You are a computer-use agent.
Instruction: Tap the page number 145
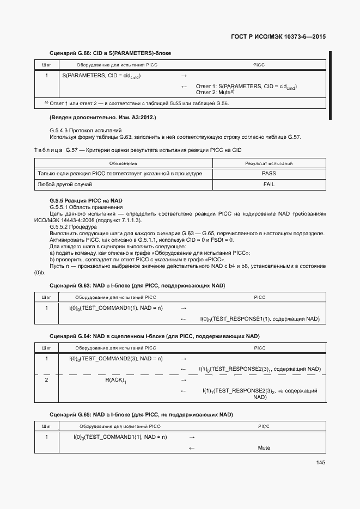[x=320, y=463]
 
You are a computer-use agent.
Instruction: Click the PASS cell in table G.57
[x=269, y=174]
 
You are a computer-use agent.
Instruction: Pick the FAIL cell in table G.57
[x=269, y=185]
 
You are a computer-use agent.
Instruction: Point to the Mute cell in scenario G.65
[x=264, y=448]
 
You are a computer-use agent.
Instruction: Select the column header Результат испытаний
[x=269, y=163]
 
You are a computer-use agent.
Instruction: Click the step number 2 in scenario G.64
[x=47, y=380]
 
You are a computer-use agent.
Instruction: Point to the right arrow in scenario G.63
[x=184, y=309]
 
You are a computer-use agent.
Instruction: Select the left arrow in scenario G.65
[x=191, y=448]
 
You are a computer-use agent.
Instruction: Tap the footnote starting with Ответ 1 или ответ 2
[x=136, y=103]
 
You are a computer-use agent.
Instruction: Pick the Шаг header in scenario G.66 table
[x=47, y=65]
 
